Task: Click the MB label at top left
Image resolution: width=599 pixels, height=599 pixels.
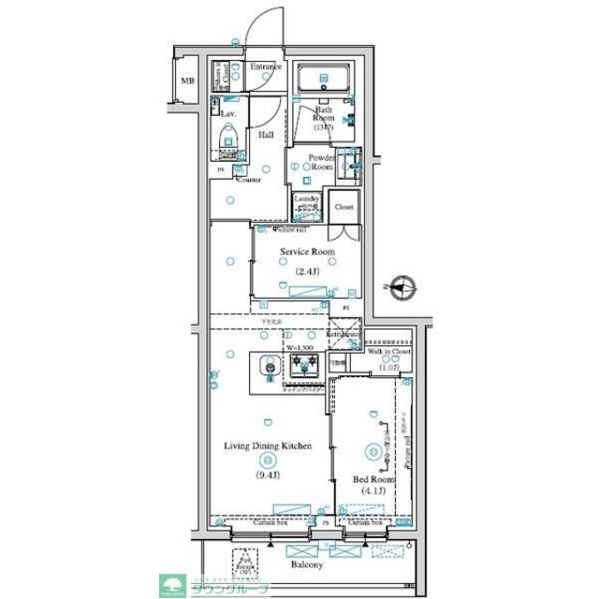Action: click(x=186, y=80)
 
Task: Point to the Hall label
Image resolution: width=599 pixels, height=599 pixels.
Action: click(x=266, y=134)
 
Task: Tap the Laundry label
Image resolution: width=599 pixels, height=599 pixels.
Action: click(x=308, y=198)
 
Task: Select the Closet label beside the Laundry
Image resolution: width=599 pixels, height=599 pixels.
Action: click(x=343, y=206)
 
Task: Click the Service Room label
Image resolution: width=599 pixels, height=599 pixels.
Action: click(x=308, y=252)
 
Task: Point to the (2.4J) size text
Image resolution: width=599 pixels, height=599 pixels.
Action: click(x=308, y=272)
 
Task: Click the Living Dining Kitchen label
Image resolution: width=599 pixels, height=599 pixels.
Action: click(x=268, y=446)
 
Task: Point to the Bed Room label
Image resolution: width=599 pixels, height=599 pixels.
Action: click(x=373, y=478)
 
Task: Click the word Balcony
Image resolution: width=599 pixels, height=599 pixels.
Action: click(x=306, y=565)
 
